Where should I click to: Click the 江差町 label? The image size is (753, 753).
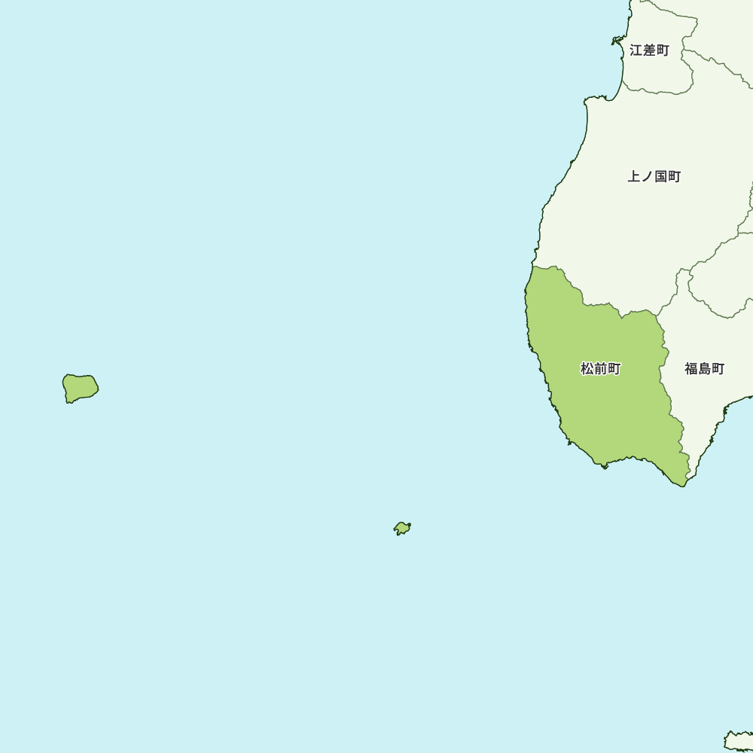click(x=649, y=50)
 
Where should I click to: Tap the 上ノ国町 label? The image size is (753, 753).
click(x=654, y=176)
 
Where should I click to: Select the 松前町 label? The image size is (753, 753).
click(x=600, y=369)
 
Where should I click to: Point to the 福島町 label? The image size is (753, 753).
click(x=704, y=369)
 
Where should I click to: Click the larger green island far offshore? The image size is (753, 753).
click(x=79, y=388)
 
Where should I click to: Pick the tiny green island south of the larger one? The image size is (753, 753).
click(x=402, y=528)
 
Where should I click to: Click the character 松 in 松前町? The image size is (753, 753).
click(x=587, y=369)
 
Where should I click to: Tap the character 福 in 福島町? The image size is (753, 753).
click(x=691, y=369)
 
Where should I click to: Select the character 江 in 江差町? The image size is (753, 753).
click(x=636, y=50)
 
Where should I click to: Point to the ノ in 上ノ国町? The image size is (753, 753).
click(x=647, y=176)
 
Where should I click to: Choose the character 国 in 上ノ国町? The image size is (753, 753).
click(x=660, y=176)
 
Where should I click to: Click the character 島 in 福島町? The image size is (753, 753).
click(x=704, y=369)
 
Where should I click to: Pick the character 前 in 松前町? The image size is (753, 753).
click(x=600, y=369)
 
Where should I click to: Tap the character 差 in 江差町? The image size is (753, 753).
click(x=649, y=50)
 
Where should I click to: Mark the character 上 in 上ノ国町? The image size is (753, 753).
click(x=634, y=176)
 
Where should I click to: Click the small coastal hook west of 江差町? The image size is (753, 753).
click(x=617, y=40)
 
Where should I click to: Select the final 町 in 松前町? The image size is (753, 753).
click(x=614, y=369)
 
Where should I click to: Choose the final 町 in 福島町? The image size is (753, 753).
click(x=718, y=369)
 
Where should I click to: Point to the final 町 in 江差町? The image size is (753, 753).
click(x=662, y=50)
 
